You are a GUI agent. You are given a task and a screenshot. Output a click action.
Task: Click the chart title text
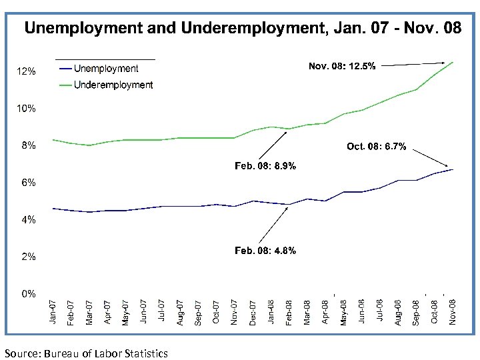(242, 29)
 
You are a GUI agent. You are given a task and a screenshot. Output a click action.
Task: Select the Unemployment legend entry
(106, 69)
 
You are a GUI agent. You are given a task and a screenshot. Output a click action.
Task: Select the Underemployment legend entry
(113, 85)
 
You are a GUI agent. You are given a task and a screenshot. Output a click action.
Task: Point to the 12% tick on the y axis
(26, 71)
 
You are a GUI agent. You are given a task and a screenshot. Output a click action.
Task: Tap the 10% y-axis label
(26, 108)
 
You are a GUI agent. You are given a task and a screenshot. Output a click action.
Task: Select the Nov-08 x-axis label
(453, 312)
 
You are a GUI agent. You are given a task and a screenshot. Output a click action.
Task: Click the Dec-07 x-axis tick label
(253, 312)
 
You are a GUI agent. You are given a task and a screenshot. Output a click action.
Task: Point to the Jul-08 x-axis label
(380, 312)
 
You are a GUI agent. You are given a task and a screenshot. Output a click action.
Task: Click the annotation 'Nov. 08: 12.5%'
(341, 66)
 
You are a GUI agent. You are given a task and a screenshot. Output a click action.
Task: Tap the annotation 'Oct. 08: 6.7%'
(376, 146)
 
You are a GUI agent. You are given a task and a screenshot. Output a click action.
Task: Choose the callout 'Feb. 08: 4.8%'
(265, 250)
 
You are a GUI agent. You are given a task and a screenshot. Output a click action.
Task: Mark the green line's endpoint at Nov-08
(453, 62)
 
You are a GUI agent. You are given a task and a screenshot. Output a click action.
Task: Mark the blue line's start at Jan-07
(53, 208)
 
